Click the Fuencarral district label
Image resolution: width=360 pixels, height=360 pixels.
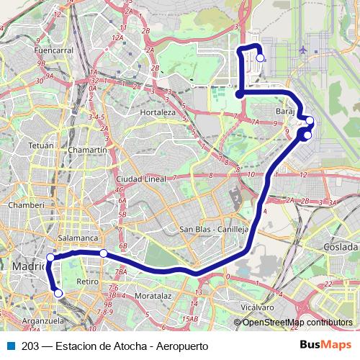[x=54, y=51]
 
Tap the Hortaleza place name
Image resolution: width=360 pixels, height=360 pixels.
[x=158, y=113]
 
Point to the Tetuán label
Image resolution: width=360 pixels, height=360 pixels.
[x=41, y=145]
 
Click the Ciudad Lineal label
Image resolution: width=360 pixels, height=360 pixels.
[x=141, y=179]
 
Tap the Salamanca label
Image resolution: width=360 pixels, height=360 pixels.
[x=78, y=237]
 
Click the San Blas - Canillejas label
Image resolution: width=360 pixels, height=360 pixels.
[x=214, y=230]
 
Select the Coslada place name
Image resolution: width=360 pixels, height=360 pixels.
[x=341, y=246]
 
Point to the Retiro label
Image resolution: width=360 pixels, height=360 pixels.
[x=86, y=281]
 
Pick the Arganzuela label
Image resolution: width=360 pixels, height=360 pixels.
[x=40, y=320]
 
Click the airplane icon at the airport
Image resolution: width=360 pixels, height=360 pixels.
[x=302, y=50]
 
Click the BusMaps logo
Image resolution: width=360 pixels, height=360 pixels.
[x=325, y=345]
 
